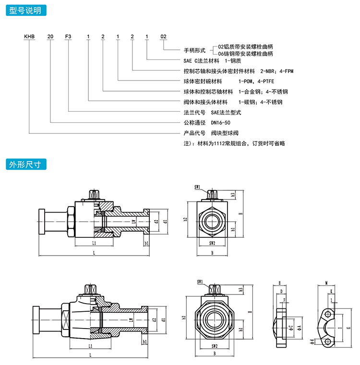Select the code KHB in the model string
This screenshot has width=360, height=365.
point(29,36)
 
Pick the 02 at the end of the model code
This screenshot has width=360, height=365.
point(163,36)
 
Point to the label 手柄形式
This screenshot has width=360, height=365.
point(194,50)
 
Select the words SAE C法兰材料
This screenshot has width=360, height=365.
point(201,61)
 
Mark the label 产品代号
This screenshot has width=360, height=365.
point(194,132)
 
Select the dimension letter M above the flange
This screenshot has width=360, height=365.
point(326,283)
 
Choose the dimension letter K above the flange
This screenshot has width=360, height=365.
point(332,291)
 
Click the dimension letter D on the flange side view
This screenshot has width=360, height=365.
point(281,291)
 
